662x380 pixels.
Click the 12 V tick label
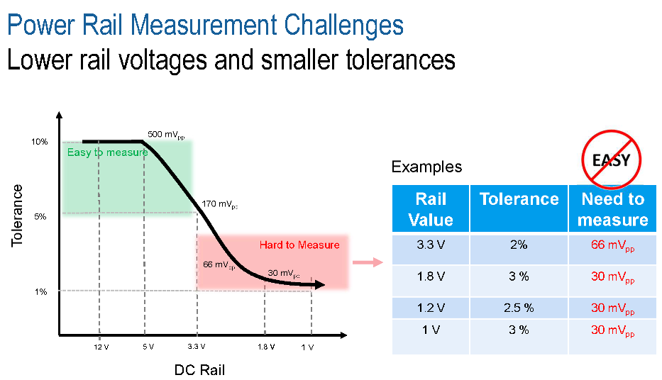point(101,347)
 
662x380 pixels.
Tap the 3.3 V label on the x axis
point(196,347)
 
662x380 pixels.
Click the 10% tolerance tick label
point(39,142)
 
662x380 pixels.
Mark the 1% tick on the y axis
point(40,291)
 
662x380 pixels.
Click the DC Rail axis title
point(199,370)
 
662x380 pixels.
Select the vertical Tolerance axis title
point(17,216)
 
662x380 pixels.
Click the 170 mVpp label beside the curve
point(219,204)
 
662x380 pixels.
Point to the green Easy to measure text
point(107,152)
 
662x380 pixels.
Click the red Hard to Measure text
point(299,245)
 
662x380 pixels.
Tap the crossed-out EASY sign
point(612,160)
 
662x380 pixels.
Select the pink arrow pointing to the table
point(367,262)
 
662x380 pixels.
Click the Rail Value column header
point(430,208)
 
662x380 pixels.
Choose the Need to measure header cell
point(612,208)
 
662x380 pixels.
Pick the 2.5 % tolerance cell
point(519,308)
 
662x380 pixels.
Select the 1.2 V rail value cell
point(430,308)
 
